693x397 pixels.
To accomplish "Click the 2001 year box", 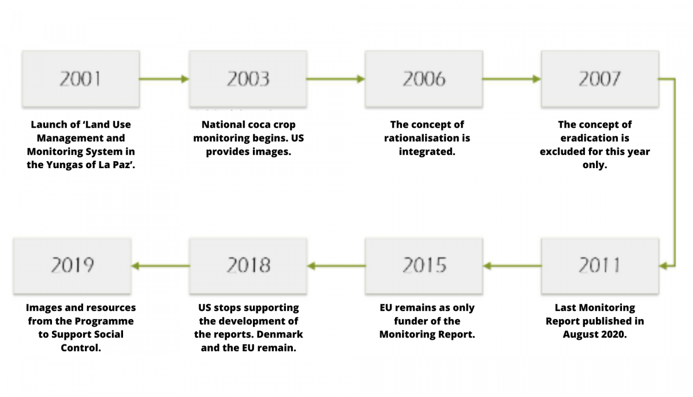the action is tap(81, 79).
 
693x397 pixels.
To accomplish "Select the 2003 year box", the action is tap(248, 79).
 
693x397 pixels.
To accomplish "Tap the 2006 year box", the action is tap(424, 79).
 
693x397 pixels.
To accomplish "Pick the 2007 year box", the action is tap(600, 79).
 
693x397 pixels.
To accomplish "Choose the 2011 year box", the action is tap(600, 266).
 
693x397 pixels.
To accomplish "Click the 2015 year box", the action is tap(424, 266).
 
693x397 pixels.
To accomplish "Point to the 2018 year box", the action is tap(248, 266).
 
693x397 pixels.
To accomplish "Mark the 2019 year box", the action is tap(72, 266).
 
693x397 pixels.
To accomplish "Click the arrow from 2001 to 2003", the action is tap(164, 79).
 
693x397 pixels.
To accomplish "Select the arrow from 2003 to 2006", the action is tap(336, 79).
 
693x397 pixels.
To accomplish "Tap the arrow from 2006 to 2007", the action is tap(512, 79).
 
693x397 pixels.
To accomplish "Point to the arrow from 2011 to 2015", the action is tap(512, 266).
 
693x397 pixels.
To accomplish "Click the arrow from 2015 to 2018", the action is tap(336, 266).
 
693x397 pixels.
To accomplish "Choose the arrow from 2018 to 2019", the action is tap(161, 266).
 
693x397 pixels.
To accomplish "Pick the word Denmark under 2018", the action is tap(280, 335).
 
